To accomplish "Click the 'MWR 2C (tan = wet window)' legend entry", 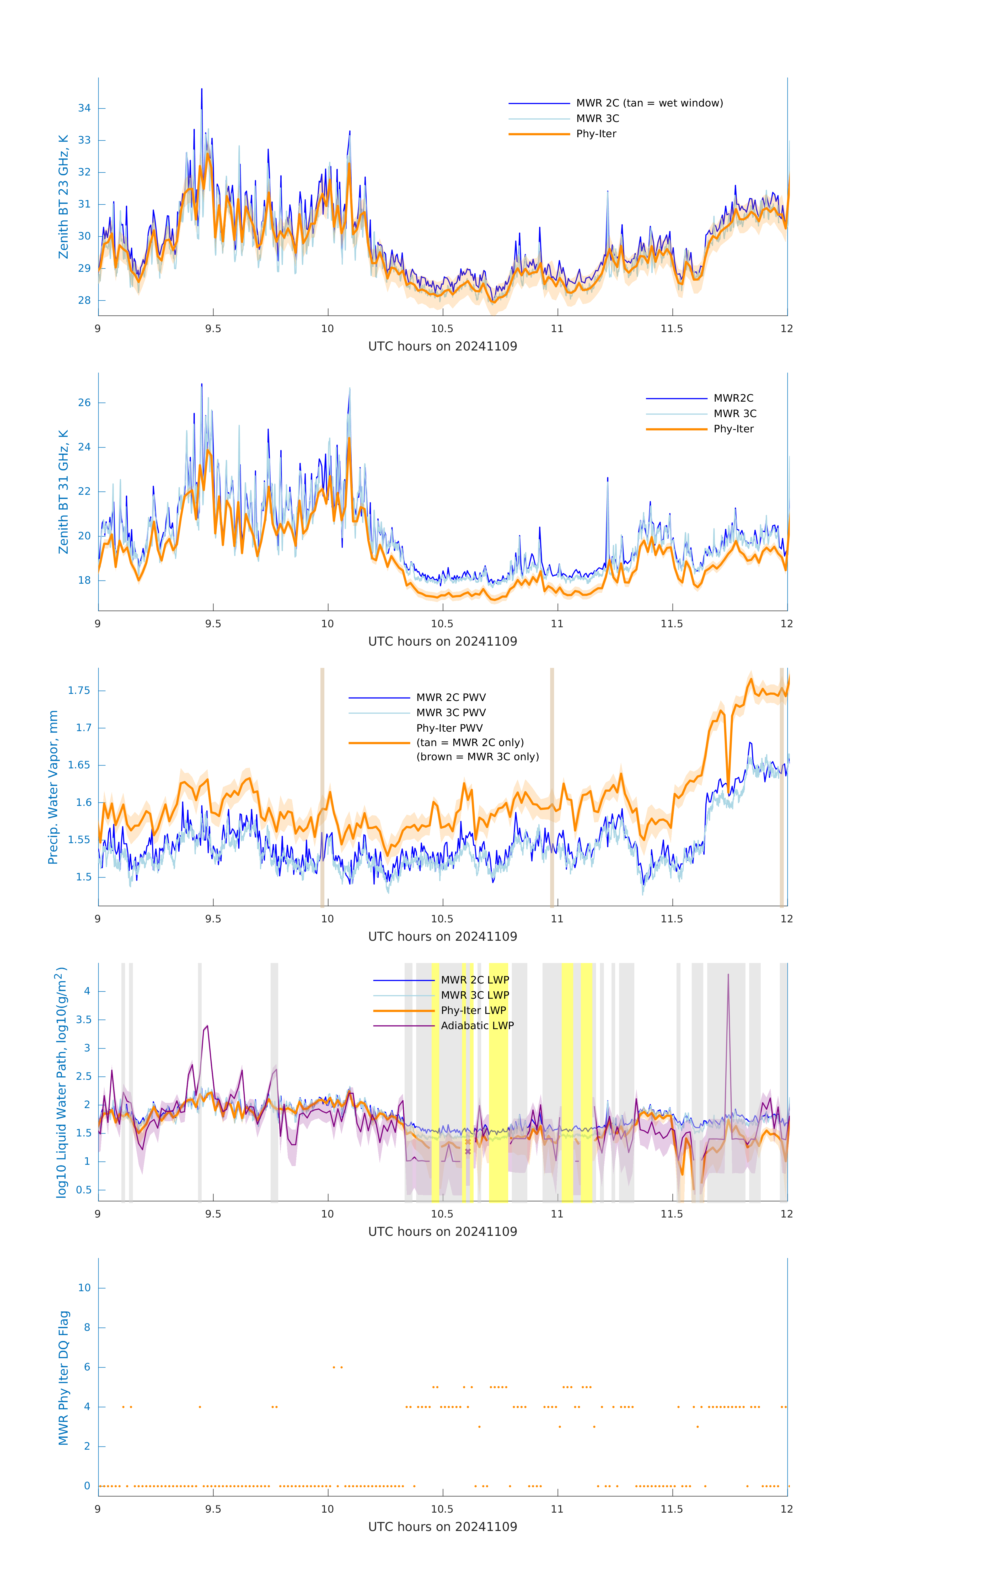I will tap(649, 103).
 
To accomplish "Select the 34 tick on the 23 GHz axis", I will tap(84, 109).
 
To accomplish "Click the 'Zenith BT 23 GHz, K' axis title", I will tap(63, 197).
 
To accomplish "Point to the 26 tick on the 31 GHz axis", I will tap(84, 403).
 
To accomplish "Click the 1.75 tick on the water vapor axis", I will tap(79, 691).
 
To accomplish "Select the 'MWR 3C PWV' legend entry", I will tap(451, 712).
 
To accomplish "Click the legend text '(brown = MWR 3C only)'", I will tap(478, 757).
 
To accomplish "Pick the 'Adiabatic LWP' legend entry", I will tap(477, 1025).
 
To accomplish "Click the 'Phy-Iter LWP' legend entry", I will tap(473, 1011).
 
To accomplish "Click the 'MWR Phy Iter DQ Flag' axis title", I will tap(63, 1378).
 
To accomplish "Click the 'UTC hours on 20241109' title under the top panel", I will tap(442, 347).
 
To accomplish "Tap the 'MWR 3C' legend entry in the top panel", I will tap(597, 118).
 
